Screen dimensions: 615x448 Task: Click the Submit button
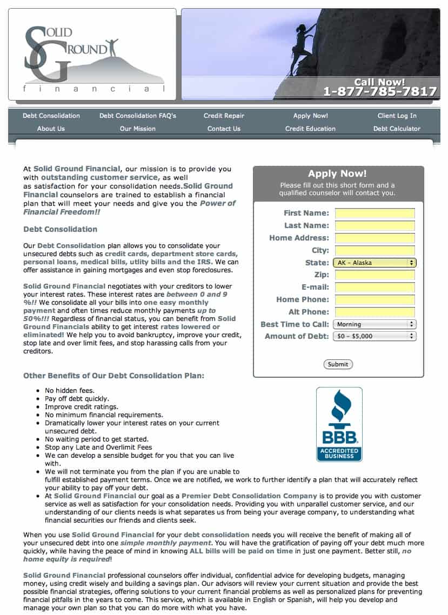[338, 364]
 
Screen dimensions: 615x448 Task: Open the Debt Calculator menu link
[397, 129]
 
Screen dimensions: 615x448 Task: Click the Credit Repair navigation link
[224, 116]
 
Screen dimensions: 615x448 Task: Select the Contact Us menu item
[224, 129]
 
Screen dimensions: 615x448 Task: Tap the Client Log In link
[397, 116]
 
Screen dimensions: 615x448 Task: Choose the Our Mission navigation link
[138, 129]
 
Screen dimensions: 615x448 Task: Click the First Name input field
[375, 213]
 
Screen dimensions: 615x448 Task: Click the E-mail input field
[375, 288]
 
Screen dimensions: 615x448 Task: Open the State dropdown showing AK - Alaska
[375, 263]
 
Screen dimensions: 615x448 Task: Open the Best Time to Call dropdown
[375, 324]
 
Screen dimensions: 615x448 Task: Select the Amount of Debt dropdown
[375, 336]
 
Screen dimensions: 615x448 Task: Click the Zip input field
[375, 275]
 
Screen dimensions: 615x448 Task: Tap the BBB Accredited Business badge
[339, 424]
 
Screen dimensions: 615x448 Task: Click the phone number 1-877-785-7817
[380, 91]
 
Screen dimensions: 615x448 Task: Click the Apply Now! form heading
[337, 173]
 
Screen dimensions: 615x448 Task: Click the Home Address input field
[375, 238]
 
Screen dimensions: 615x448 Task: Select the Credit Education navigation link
[310, 129]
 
